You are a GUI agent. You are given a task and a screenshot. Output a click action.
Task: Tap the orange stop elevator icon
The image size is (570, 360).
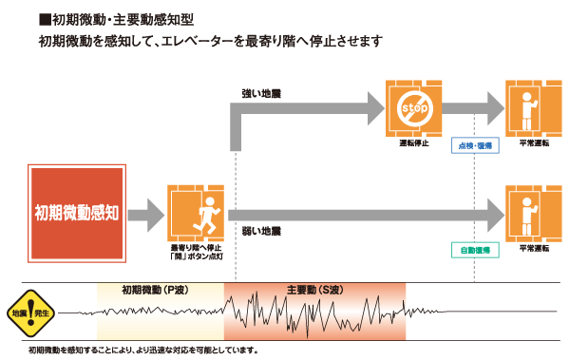[412, 107]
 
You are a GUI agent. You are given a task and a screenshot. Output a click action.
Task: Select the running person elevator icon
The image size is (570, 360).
[195, 213]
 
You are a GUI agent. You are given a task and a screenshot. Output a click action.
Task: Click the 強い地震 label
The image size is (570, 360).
[261, 95]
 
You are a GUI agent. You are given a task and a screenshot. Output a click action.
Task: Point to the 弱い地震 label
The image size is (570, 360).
[261, 232]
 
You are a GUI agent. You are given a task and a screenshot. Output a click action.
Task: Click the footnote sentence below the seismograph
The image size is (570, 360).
[142, 351]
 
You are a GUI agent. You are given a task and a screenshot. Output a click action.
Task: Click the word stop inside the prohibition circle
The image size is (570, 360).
[412, 106]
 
